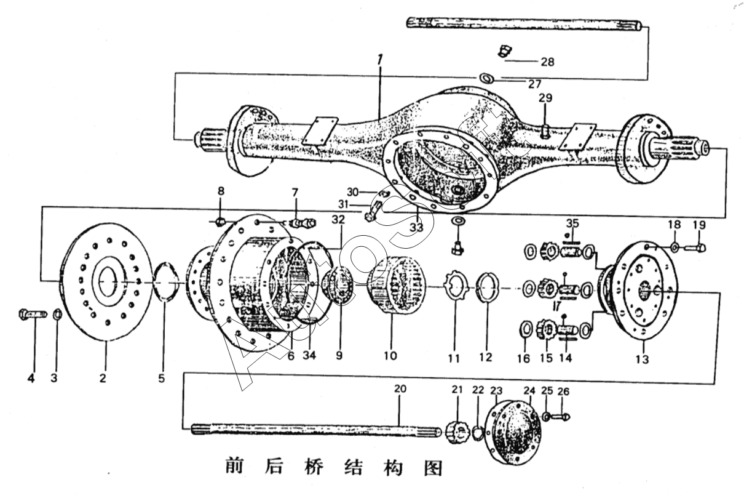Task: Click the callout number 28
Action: click(x=547, y=62)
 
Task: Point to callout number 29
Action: click(x=545, y=98)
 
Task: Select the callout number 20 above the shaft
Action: click(x=400, y=389)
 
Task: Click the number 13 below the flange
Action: click(x=642, y=359)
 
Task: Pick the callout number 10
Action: click(x=390, y=355)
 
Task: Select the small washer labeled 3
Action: click(x=56, y=315)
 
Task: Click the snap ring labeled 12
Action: click(x=487, y=287)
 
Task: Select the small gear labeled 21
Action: click(x=457, y=427)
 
